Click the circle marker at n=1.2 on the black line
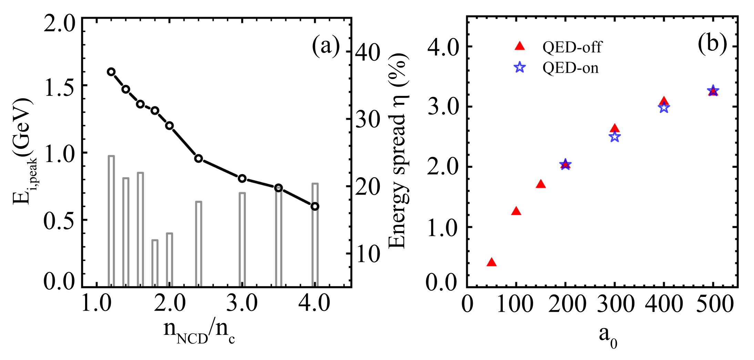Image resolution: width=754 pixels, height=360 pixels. tap(111, 72)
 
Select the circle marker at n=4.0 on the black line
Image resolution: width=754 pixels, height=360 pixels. tap(315, 206)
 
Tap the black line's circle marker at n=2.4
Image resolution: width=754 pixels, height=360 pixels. tap(198, 158)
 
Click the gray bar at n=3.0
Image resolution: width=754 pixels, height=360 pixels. tap(242, 239)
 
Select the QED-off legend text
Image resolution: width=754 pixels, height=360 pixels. tap(572, 47)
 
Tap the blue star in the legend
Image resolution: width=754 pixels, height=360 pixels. tap(520, 68)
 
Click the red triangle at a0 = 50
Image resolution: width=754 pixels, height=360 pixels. tap(492, 262)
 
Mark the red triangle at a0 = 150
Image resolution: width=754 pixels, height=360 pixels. tap(541, 184)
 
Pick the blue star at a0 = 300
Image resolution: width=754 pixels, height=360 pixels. tap(615, 137)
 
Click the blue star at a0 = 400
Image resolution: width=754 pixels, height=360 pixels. tap(664, 108)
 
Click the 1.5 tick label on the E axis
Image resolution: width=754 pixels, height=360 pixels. tap(59, 87)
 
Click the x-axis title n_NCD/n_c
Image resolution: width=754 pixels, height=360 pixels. tap(199, 331)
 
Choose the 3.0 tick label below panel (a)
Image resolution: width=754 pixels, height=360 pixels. tap(242, 303)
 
